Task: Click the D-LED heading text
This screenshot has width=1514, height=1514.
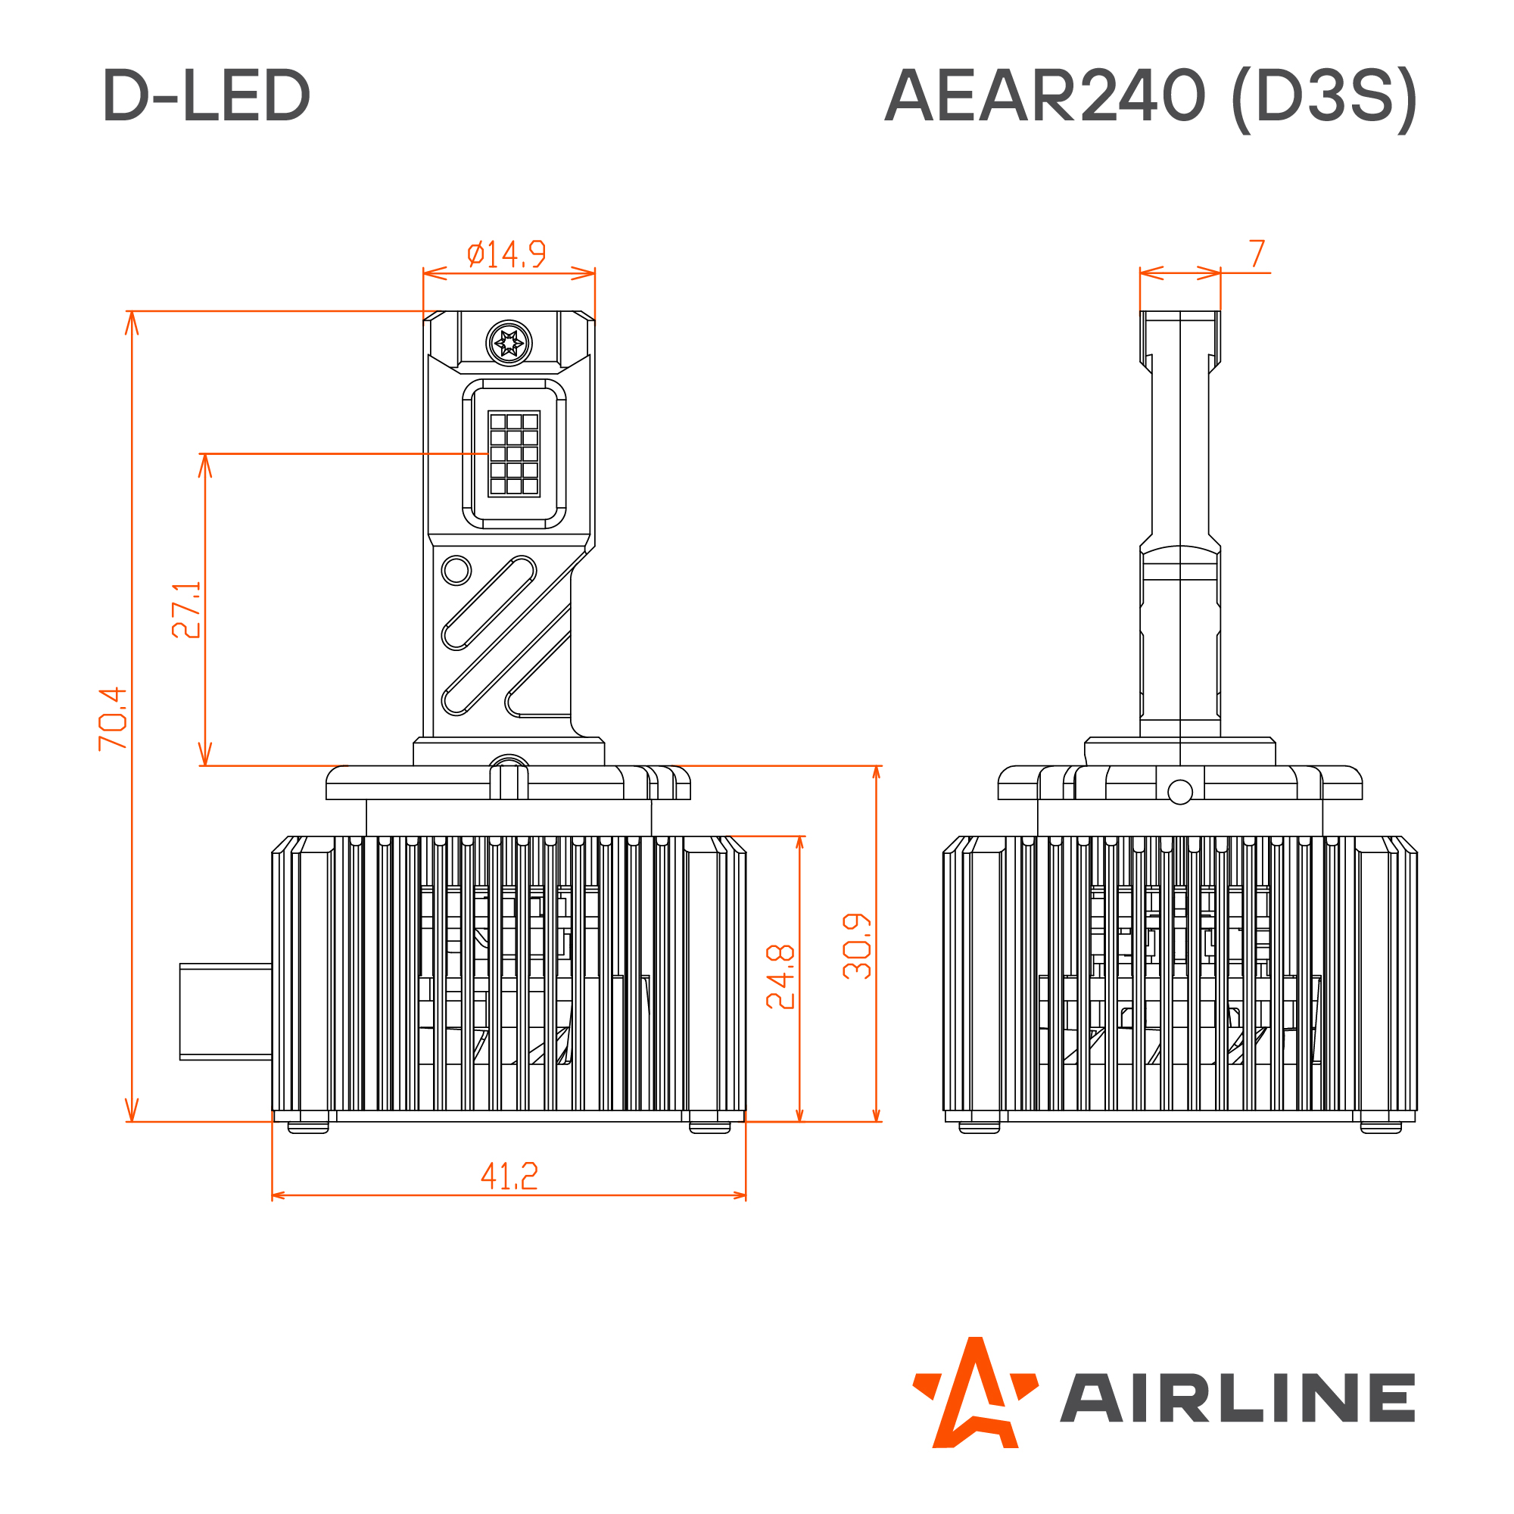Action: coord(206,95)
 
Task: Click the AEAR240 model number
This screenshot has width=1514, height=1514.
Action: coord(1045,95)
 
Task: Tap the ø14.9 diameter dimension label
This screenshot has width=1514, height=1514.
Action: coord(506,254)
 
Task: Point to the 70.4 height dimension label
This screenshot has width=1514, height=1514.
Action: coord(113,718)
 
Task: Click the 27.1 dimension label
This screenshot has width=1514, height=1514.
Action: coord(186,610)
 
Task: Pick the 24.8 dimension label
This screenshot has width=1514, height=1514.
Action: coord(780,977)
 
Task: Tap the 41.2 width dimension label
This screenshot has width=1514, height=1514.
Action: coord(509,1176)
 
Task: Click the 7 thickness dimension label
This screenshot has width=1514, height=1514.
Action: coord(1257,253)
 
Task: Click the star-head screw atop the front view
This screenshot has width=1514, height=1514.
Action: coord(509,342)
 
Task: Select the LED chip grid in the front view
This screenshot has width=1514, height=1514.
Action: coord(514,453)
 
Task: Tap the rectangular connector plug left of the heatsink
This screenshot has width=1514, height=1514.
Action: coord(226,1011)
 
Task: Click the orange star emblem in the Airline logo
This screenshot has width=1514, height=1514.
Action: coord(975,1396)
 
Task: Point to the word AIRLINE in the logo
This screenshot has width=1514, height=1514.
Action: coord(1238,1398)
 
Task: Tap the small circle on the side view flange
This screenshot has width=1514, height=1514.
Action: coord(1179,793)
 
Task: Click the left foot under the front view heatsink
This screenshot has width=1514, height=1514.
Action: coord(308,1127)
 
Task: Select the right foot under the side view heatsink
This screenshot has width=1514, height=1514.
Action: coord(1381,1127)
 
